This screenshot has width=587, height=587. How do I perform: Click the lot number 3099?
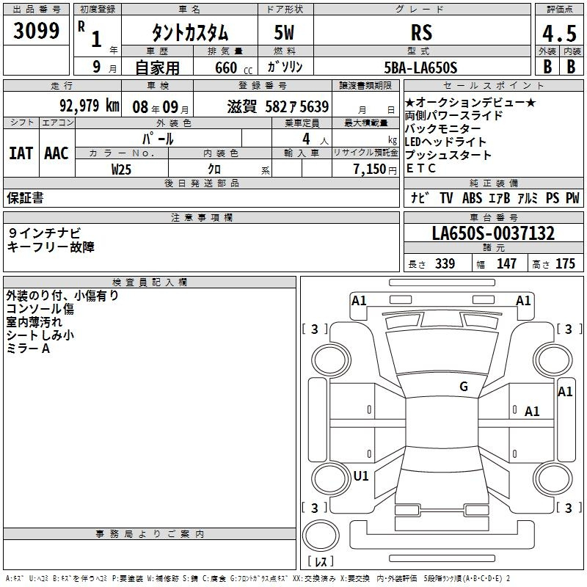click(x=36, y=30)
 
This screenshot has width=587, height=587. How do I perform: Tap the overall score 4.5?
click(x=559, y=33)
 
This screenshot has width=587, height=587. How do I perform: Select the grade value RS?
click(x=421, y=32)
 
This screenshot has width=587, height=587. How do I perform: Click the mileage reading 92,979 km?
click(x=90, y=106)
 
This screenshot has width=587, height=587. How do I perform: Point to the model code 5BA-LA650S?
click(x=420, y=68)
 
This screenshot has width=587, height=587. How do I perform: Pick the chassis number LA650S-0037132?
click(x=493, y=233)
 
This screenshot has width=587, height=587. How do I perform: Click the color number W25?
click(x=121, y=169)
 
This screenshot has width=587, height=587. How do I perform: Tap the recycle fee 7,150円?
click(x=375, y=169)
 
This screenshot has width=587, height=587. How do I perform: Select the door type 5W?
click(x=284, y=32)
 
